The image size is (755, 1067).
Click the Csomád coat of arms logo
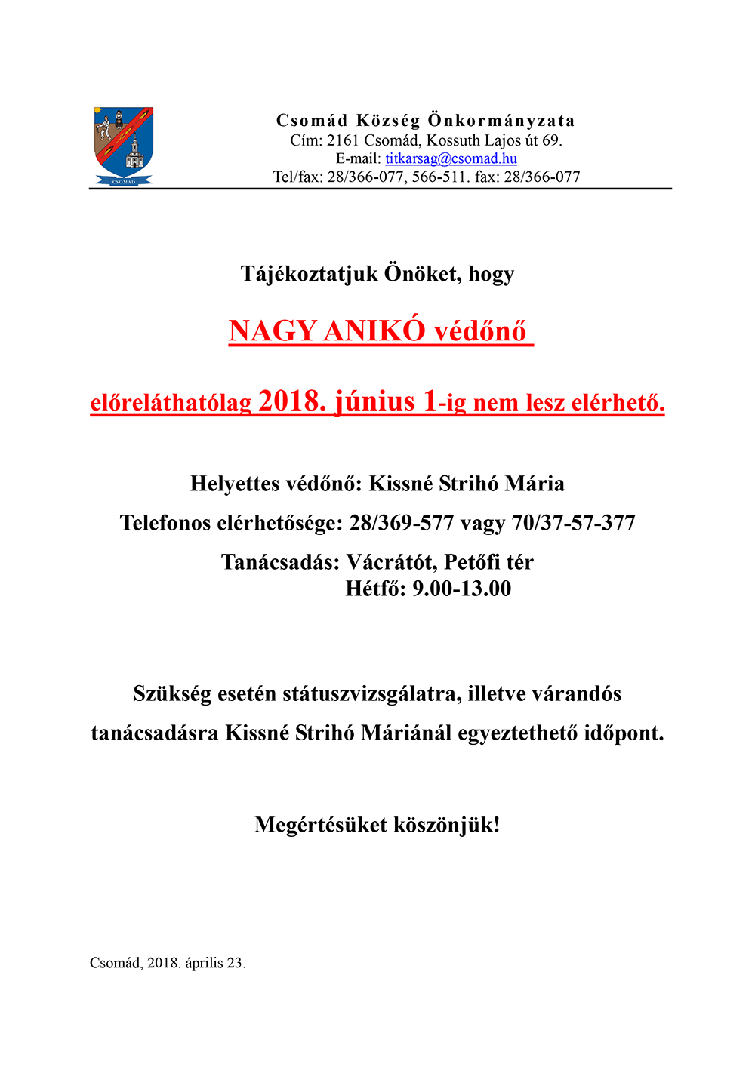tap(124, 146)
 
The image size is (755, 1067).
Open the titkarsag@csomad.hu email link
tap(451, 158)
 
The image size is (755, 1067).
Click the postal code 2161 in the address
tap(343, 140)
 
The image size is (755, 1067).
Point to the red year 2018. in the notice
tap(292, 401)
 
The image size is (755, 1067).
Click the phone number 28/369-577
tap(401, 523)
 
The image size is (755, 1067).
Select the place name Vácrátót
tap(391, 562)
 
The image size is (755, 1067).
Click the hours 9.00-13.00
tap(461, 589)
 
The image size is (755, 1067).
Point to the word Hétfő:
tap(375, 589)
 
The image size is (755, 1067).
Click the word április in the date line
tap(204, 963)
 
